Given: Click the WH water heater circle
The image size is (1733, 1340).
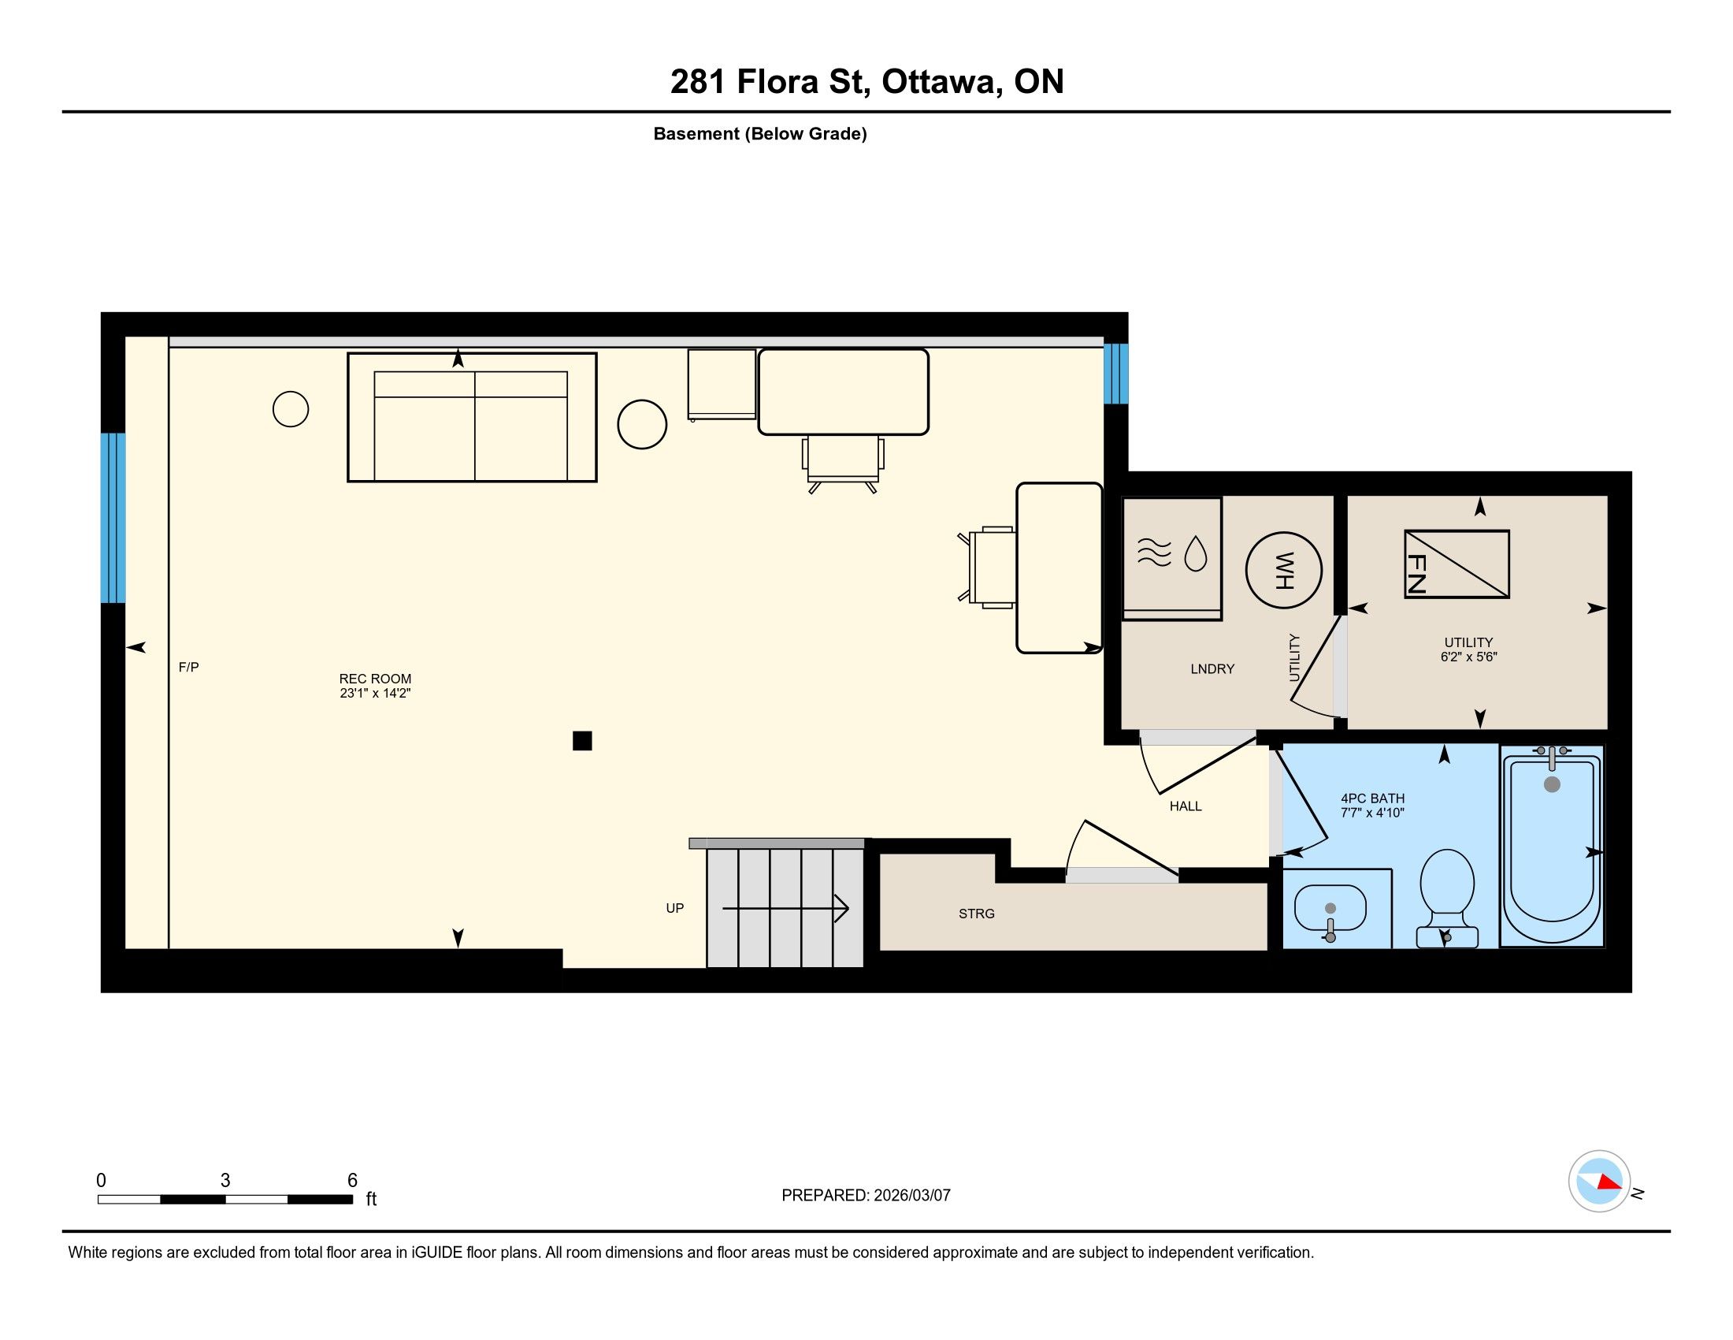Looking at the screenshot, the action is pos(1283,570).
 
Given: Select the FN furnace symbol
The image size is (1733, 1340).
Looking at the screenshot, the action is pos(1457,564).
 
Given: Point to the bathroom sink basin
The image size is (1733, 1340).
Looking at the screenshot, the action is pos(1330,908).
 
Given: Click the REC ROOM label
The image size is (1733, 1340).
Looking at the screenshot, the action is pos(375,686).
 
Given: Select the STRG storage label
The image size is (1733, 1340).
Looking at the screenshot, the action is pos(977,914).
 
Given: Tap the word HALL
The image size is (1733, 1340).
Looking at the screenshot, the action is pos(1186,806).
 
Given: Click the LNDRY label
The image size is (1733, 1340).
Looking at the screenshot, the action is pos(1212,669).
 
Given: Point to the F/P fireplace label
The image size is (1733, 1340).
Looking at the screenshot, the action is pos(189,668).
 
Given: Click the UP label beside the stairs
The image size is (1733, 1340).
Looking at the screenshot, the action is pos(675,908).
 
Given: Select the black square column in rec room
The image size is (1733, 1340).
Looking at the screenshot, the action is pos(582,741).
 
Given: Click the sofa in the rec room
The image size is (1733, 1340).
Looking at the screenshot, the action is pos(472,418).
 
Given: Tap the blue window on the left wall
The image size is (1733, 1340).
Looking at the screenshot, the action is pos(113,519).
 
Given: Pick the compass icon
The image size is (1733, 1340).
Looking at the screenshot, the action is pos(1600,1182).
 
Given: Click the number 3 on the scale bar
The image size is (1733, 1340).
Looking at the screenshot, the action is pos(225,1181).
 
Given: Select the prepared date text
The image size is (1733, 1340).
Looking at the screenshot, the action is pos(866,1196).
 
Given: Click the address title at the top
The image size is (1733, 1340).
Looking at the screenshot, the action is pos(866,82).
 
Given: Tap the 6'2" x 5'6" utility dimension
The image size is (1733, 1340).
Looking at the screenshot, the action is pos(1469,657).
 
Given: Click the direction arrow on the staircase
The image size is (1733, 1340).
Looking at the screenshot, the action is pos(785,908).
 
